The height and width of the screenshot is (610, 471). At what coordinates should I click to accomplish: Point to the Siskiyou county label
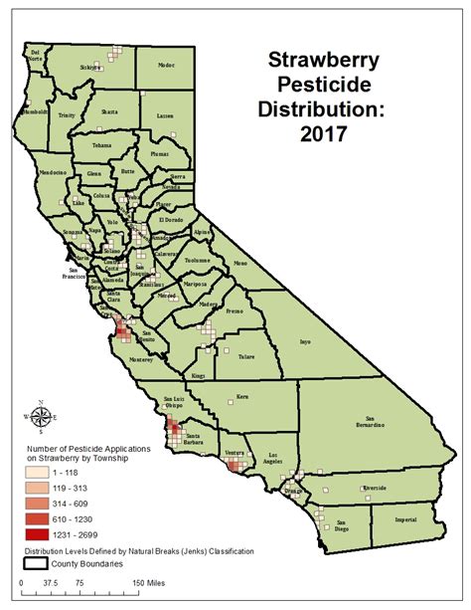click(91, 68)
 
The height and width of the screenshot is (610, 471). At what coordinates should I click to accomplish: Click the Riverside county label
click(376, 488)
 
